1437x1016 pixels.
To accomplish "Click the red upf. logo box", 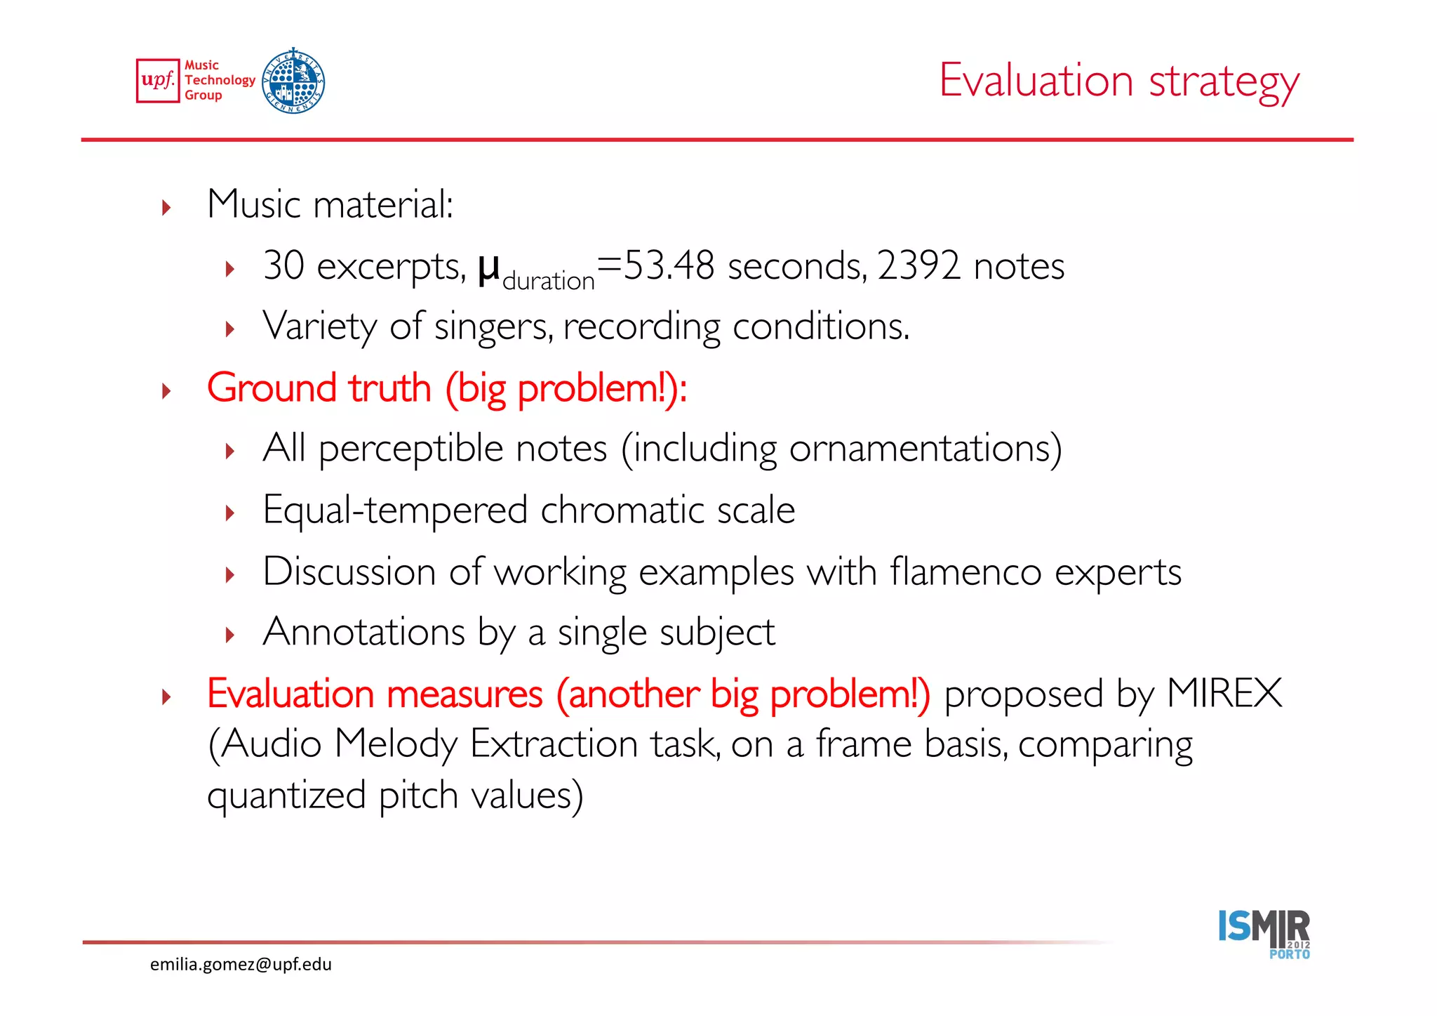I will (158, 81).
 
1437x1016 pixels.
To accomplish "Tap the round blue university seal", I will (293, 81).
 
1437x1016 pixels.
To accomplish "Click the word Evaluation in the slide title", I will (1036, 80).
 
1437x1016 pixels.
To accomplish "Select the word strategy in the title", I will (1224, 83).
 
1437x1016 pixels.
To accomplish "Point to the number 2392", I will (918, 265).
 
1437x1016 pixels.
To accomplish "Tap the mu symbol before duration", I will (489, 268).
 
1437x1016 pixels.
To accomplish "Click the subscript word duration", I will (549, 281).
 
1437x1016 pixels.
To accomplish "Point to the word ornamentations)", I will (925, 449).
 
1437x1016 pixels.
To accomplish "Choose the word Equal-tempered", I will (395, 510).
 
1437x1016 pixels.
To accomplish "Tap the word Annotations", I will (363, 632).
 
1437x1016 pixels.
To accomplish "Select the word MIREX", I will (1224, 694).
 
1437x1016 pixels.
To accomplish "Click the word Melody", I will (396, 744).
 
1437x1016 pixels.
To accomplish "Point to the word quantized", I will (286, 796).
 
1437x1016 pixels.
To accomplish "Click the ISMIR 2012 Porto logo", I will (1264, 934).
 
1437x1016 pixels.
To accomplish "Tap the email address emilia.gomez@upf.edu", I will (241, 964).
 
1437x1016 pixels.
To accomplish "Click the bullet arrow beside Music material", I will (166, 207).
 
